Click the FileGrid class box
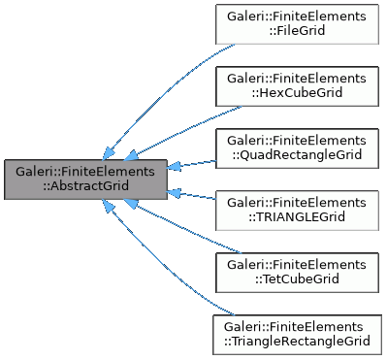(297, 23)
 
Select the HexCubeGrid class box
(297, 85)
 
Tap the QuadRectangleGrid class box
(297, 147)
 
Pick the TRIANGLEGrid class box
(297, 210)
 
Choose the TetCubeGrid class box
(297, 272)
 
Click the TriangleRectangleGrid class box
(297, 333)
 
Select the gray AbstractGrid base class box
(85, 179)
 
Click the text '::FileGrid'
(297, 31)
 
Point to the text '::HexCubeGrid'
(297, 93)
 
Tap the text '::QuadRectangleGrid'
(297, 155)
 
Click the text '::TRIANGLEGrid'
(297, 217)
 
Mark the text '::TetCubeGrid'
(297, 279)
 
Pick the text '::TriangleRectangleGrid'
(297, 341)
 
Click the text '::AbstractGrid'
(85, 186)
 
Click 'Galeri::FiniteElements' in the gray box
(85, 171)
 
